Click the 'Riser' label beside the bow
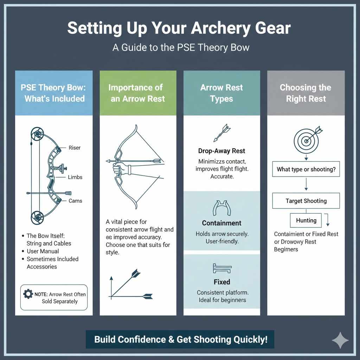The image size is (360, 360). (74, 148)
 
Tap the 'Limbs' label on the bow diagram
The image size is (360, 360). (75, 177)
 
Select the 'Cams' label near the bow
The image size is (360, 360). (75, 201)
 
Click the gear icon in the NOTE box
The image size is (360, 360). (28, 294)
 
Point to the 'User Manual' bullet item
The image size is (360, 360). (43, 251)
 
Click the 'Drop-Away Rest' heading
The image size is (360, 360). (221, 151)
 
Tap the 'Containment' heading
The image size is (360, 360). (221, 223)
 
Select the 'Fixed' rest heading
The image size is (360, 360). (221, 282)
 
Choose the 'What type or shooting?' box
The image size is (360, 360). (306, 169)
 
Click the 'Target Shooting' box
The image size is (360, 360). (306, 201)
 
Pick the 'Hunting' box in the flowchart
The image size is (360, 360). (306, 220)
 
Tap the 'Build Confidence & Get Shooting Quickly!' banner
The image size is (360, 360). (180, 340)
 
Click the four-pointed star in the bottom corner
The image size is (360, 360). (340, 340)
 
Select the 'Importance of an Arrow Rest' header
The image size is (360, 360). (138, 93)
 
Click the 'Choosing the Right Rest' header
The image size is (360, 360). (306, 93)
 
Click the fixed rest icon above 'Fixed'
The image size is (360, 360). (221, 269)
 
